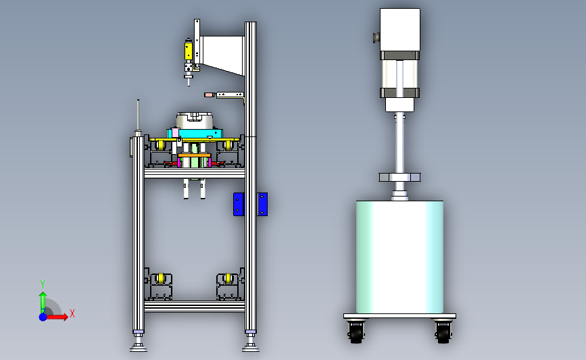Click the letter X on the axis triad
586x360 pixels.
tap(72, 313)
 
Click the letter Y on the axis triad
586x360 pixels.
tap(43, 284)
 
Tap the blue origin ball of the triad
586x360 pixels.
tap(43, 317)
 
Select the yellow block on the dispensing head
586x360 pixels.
tap(189, 51)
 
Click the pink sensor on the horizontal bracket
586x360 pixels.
tap(209, 95)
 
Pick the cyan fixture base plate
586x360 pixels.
tap(195, 132)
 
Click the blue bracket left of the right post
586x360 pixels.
tap(239, 204)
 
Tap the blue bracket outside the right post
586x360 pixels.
tap(262, 204)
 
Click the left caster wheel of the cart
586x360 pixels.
tap(356, 332)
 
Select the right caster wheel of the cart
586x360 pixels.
tap(443, 332)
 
